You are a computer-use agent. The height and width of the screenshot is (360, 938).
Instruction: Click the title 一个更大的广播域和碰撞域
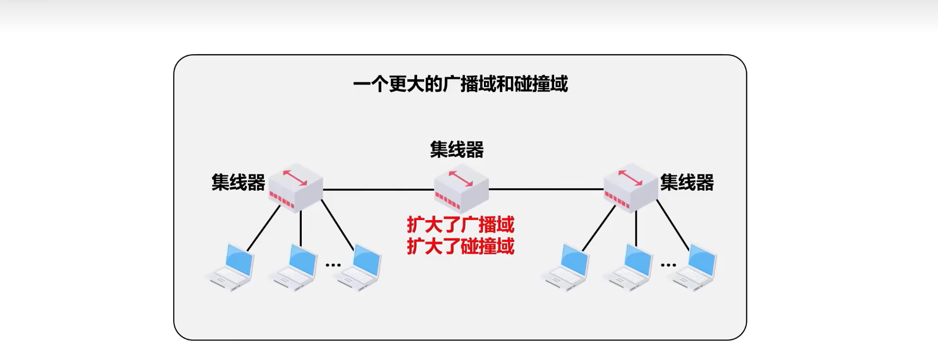(460, 84)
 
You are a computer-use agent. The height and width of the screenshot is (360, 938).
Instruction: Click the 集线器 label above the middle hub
(457, 149)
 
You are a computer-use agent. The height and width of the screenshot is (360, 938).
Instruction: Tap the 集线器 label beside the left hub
(238, 182)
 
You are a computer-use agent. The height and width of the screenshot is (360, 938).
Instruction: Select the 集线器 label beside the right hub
(687, 182)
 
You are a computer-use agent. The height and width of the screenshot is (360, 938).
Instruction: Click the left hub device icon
(295, 188)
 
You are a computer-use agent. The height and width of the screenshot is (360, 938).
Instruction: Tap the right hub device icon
(631, 188)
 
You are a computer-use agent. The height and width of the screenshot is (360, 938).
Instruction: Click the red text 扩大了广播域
(460, 225)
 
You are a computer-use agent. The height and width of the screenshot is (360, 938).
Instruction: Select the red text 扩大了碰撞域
(460, 246)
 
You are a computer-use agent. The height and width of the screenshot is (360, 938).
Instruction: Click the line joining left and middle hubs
(378, 190)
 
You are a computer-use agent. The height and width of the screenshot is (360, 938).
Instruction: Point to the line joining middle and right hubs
(546, 189)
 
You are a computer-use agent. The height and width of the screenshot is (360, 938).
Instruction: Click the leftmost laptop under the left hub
(232, 267)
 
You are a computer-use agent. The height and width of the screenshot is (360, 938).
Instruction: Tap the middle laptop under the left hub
(295, 267)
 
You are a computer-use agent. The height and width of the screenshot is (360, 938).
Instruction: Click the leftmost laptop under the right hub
(568, 267)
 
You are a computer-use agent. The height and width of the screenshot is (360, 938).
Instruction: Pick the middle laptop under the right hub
(630, 267)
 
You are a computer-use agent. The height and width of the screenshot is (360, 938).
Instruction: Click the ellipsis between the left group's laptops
(333, 265)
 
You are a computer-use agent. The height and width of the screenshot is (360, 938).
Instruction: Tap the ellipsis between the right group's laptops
(668, 265)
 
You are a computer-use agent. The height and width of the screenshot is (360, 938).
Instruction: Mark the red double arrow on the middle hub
(461, 179)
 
